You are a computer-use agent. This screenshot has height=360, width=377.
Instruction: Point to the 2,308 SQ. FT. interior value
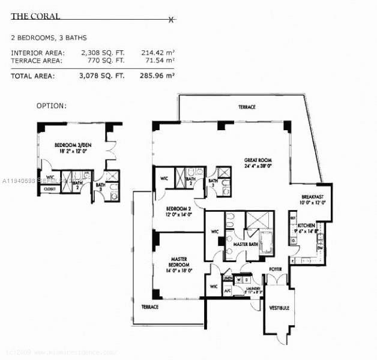pyautogui.click(x=103, y=53)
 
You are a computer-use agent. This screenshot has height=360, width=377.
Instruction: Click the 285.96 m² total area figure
pyautogui.click(x=157, y=76)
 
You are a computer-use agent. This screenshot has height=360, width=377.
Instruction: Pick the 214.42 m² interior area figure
pyautogui.click(x=157, y=53)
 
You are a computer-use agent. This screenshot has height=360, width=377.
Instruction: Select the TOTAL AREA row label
pyautogui.click(x=33, y=76)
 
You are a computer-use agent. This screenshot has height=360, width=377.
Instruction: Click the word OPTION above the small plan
pyautogui.click(x=51, y=106)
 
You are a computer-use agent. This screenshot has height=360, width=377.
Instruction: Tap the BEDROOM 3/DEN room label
pyautogui.click(x=71, y=145)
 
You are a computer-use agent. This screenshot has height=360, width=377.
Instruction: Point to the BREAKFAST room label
pyautogui.click(x=313, y=197)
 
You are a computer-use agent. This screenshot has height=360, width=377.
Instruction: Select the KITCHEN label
pyautogui.click(x=306, y=225)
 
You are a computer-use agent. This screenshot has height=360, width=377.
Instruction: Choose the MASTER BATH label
pyautogui.click(x=246, y=244)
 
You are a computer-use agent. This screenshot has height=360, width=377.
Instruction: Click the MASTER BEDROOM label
pyautogui.click(x=178, y=262)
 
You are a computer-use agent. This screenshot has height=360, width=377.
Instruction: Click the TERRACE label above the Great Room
pyautogui.click(x=246, y=107)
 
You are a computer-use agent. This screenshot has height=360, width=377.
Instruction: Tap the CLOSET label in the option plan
pyautogui.click(x=49, y=189)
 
